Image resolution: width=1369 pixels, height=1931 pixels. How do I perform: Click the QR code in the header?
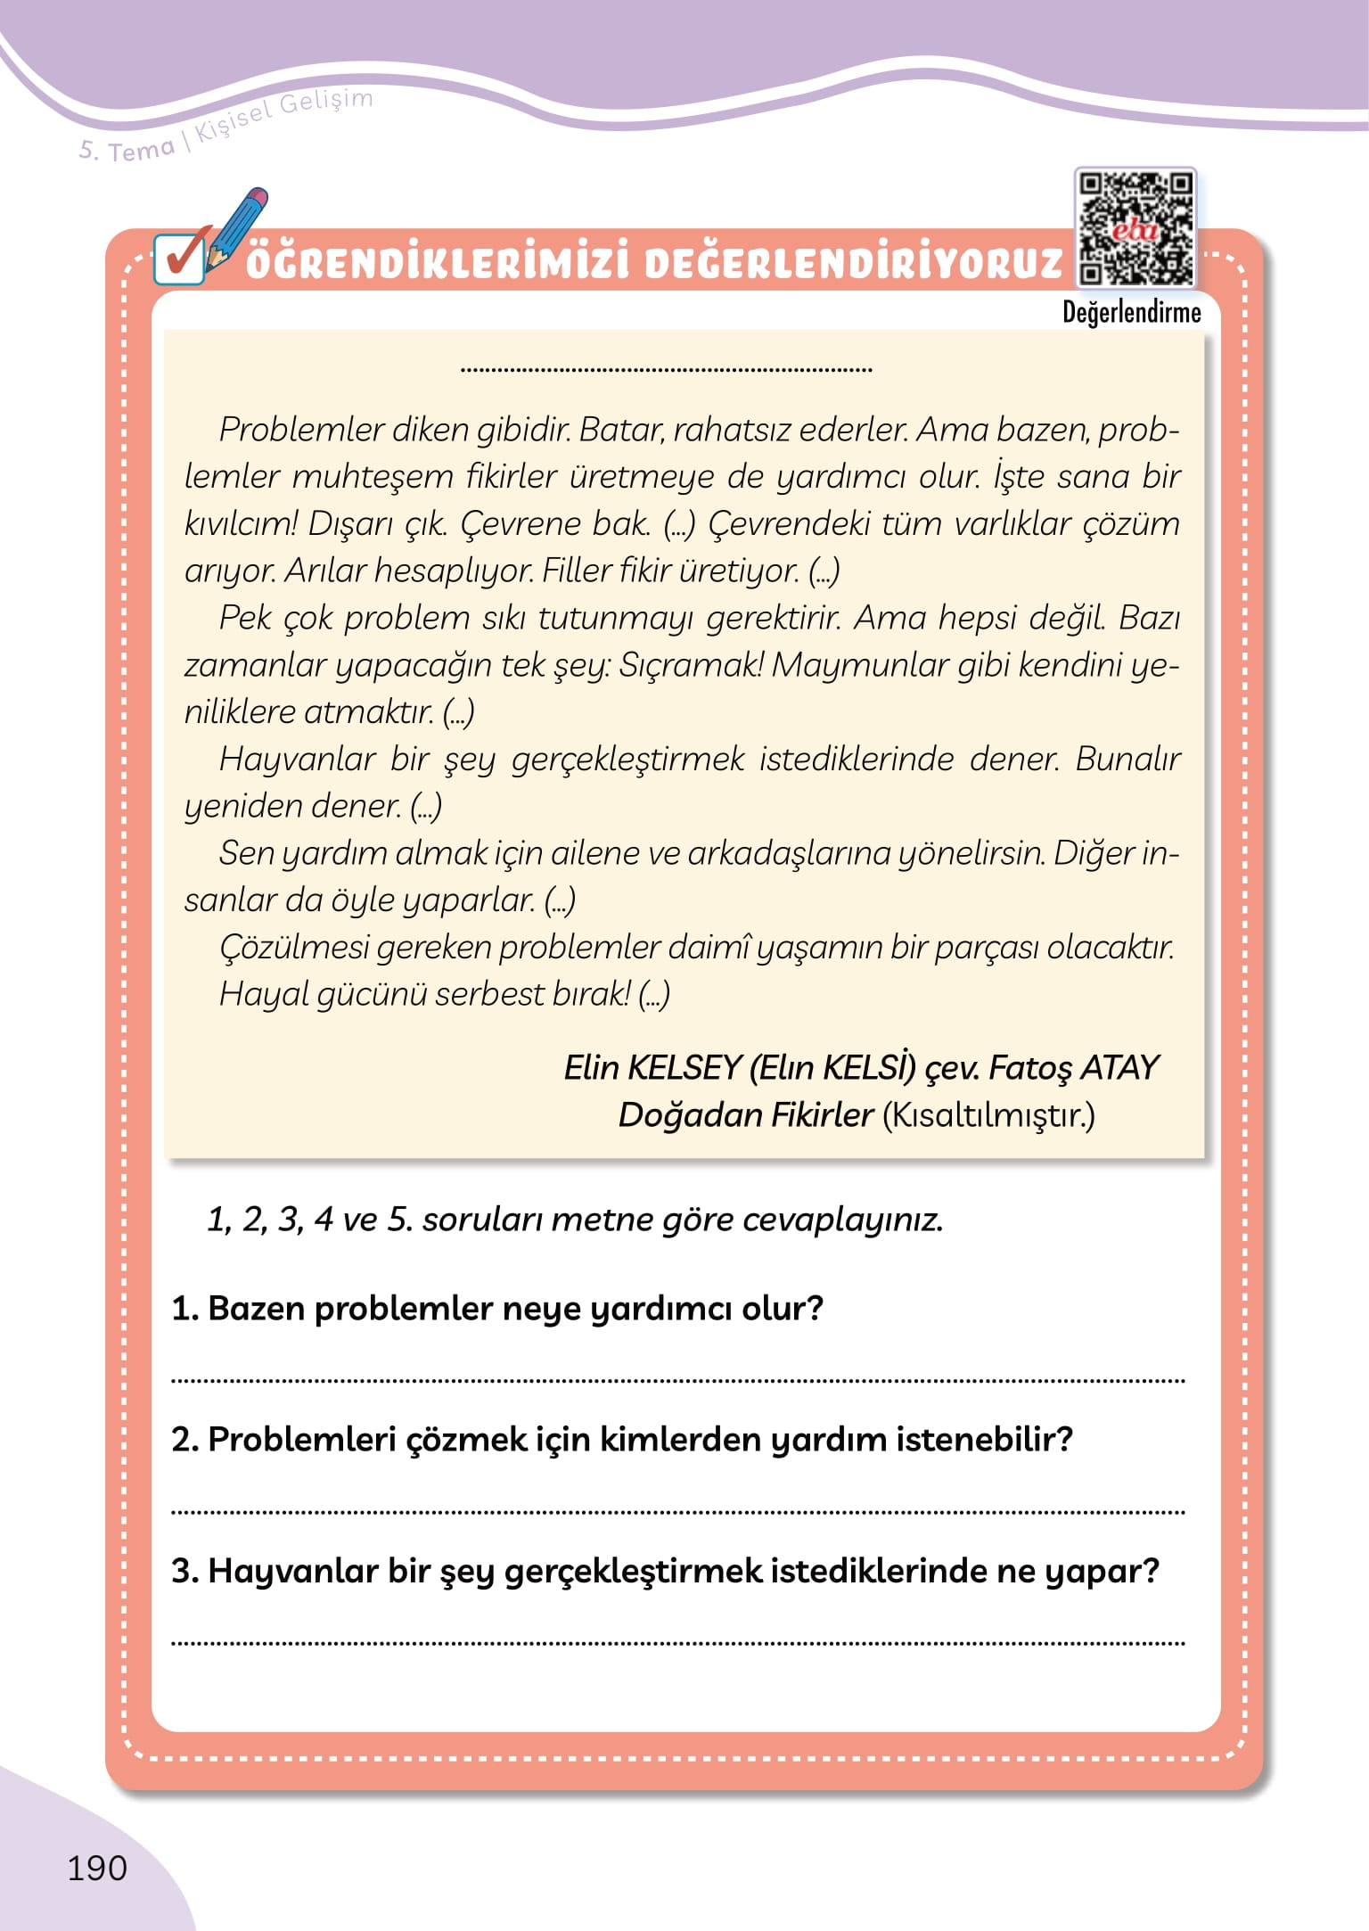coord(1135,228)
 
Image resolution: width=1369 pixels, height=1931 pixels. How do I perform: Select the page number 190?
coord(97,1868)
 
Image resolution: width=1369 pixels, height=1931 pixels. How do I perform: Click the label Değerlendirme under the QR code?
coord(1131,313)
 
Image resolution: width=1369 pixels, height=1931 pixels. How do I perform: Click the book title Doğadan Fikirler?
coord(745,1114)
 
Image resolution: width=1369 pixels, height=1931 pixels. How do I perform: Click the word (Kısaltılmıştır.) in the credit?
coord(988,1114)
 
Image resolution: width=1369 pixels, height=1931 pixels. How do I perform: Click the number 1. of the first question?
coord(184,1309)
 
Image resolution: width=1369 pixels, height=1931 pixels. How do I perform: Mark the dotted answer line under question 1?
coord(677,1381)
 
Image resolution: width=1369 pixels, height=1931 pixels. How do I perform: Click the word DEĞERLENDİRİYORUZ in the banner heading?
coord(853,263)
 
